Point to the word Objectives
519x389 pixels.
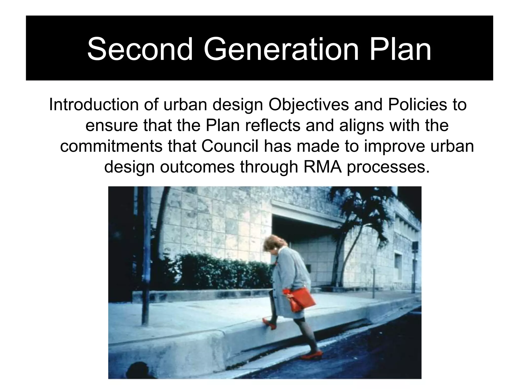308,105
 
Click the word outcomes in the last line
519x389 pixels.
197,167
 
